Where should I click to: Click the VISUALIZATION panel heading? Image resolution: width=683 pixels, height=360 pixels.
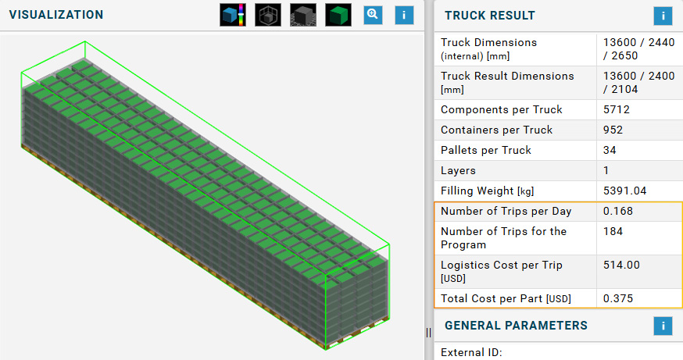pos(56,15)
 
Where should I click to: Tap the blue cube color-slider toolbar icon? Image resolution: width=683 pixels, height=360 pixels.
pos(233,15)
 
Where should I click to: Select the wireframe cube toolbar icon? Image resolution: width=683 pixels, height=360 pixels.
pos(268,15)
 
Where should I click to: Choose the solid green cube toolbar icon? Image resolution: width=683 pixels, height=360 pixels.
pos(338,15)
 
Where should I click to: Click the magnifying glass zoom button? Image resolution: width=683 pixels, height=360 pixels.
pos(373,15)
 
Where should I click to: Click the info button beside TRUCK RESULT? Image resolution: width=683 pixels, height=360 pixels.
pos(663,16)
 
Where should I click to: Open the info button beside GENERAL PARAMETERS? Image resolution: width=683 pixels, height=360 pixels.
pos(663,326)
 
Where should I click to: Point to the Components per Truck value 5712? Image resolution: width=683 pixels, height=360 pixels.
pos(617,109)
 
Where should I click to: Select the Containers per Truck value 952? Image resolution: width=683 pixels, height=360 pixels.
pos(613,130)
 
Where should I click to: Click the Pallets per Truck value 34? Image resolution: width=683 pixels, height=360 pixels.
pos(610,150)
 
